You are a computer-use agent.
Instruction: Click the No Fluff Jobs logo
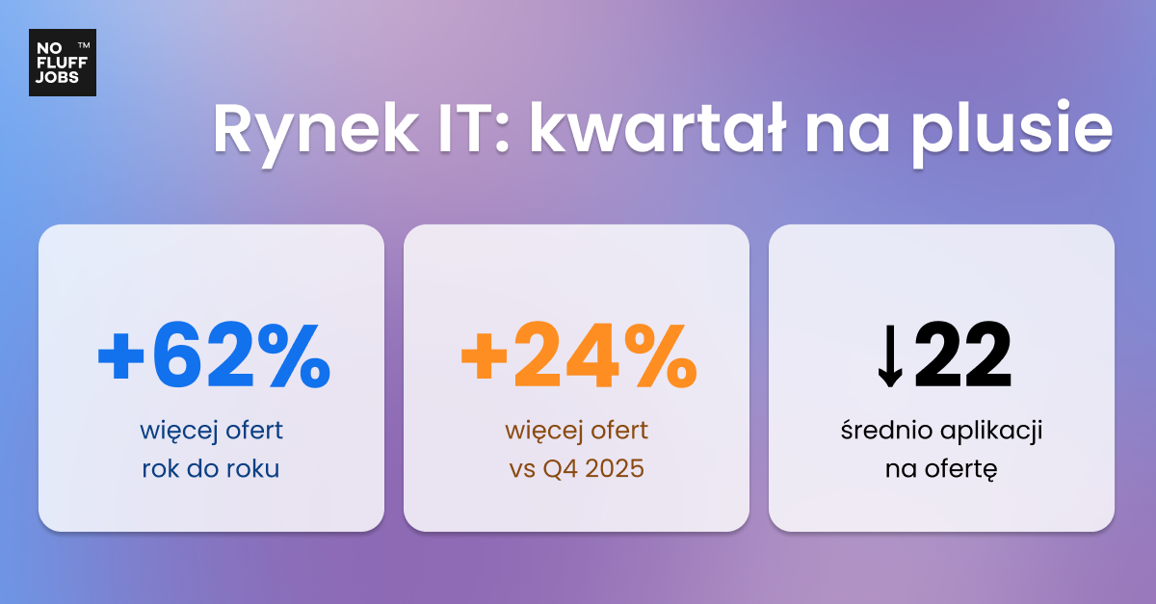point(62,63)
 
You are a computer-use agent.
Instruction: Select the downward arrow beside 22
point(889,358)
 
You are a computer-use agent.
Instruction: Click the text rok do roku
point(211,470)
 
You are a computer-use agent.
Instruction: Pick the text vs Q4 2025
point(577,470)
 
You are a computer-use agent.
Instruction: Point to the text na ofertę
point(941,470)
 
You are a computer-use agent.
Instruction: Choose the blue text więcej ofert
point(211,430)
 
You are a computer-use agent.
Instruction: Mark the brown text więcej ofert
point(577,430)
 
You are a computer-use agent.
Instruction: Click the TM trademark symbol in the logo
point(84,45)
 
